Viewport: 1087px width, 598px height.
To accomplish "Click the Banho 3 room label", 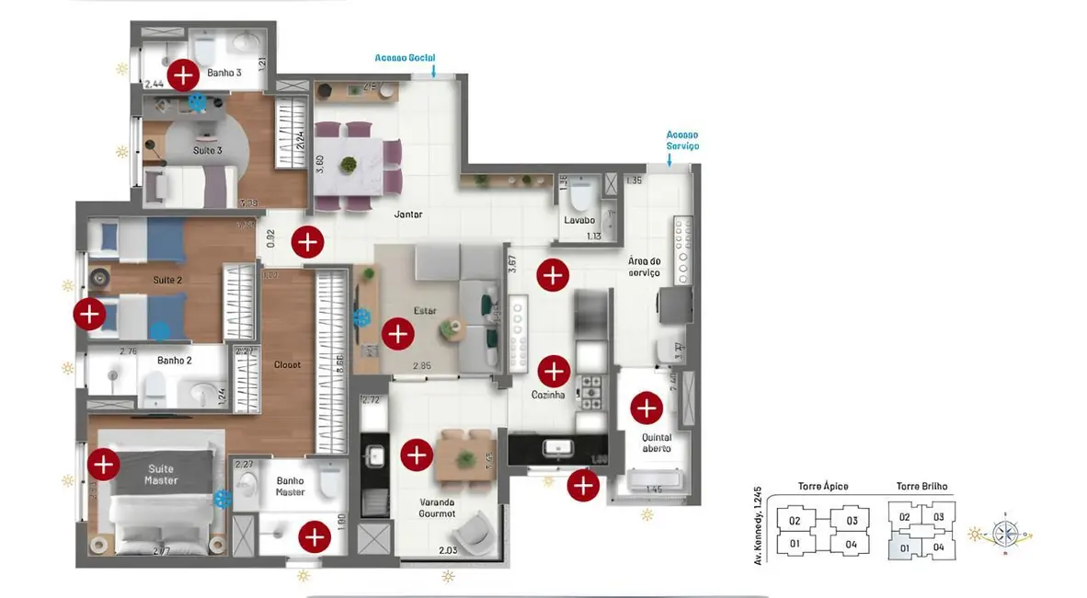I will coord(224,72).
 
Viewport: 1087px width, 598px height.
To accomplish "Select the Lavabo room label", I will coord(579,221).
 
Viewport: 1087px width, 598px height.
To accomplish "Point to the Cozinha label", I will coord(547,395).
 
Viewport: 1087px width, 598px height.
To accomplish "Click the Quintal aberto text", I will coord(657,443).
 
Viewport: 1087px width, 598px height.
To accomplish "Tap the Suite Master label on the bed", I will coord(161,475).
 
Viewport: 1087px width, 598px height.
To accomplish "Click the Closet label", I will coord(287,365).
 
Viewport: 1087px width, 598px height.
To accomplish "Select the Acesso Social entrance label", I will coord(405,58).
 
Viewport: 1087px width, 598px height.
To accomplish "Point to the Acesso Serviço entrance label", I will coord(682,140).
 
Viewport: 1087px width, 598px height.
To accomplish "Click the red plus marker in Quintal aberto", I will coord(646,407).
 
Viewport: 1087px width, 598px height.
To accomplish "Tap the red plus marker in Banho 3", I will coord(183,73).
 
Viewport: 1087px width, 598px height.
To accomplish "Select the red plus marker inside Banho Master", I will coord(315,536).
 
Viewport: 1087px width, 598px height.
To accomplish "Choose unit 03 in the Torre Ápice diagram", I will coord(852,521).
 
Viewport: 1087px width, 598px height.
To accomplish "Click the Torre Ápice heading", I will coord(822,487).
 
